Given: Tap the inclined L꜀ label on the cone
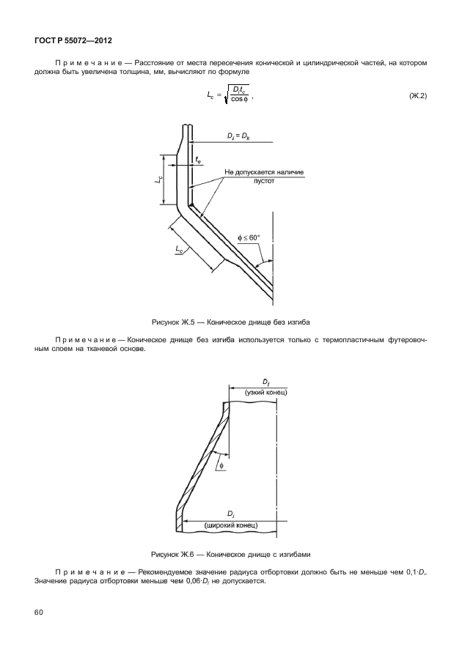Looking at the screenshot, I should coord(180,250).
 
